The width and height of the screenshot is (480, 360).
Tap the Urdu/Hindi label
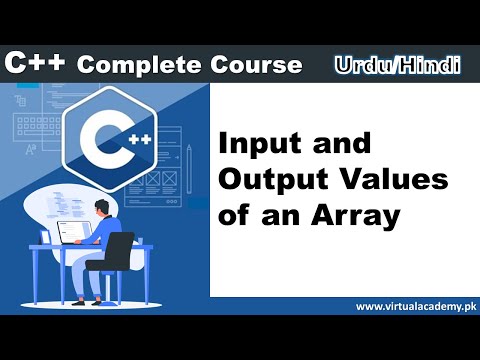click(x=398, y=65)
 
